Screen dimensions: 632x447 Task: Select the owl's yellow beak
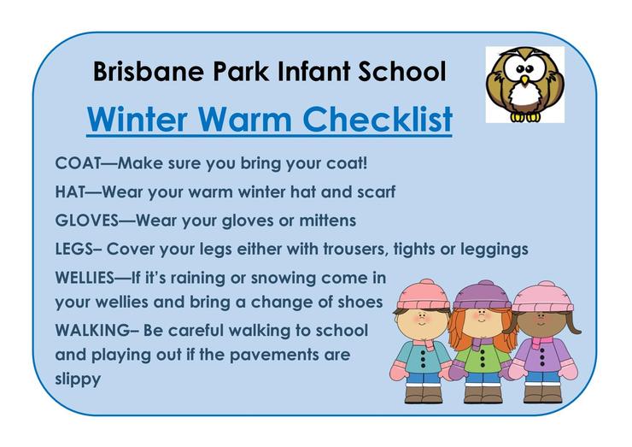coord(524,80)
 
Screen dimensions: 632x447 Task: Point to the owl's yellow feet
coord(525,116)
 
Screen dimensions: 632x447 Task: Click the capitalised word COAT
coord(78,163)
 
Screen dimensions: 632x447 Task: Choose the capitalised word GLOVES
coord(86,221)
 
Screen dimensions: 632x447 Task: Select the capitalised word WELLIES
coord(85,278)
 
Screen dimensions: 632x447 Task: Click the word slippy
coord(78,379)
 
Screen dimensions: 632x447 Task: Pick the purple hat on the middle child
coord(482,296)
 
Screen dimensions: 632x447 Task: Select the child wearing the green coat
coord(482,342)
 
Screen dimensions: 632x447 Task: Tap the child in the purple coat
coord(543,342)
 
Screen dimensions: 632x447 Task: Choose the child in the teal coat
coord(422,342)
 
